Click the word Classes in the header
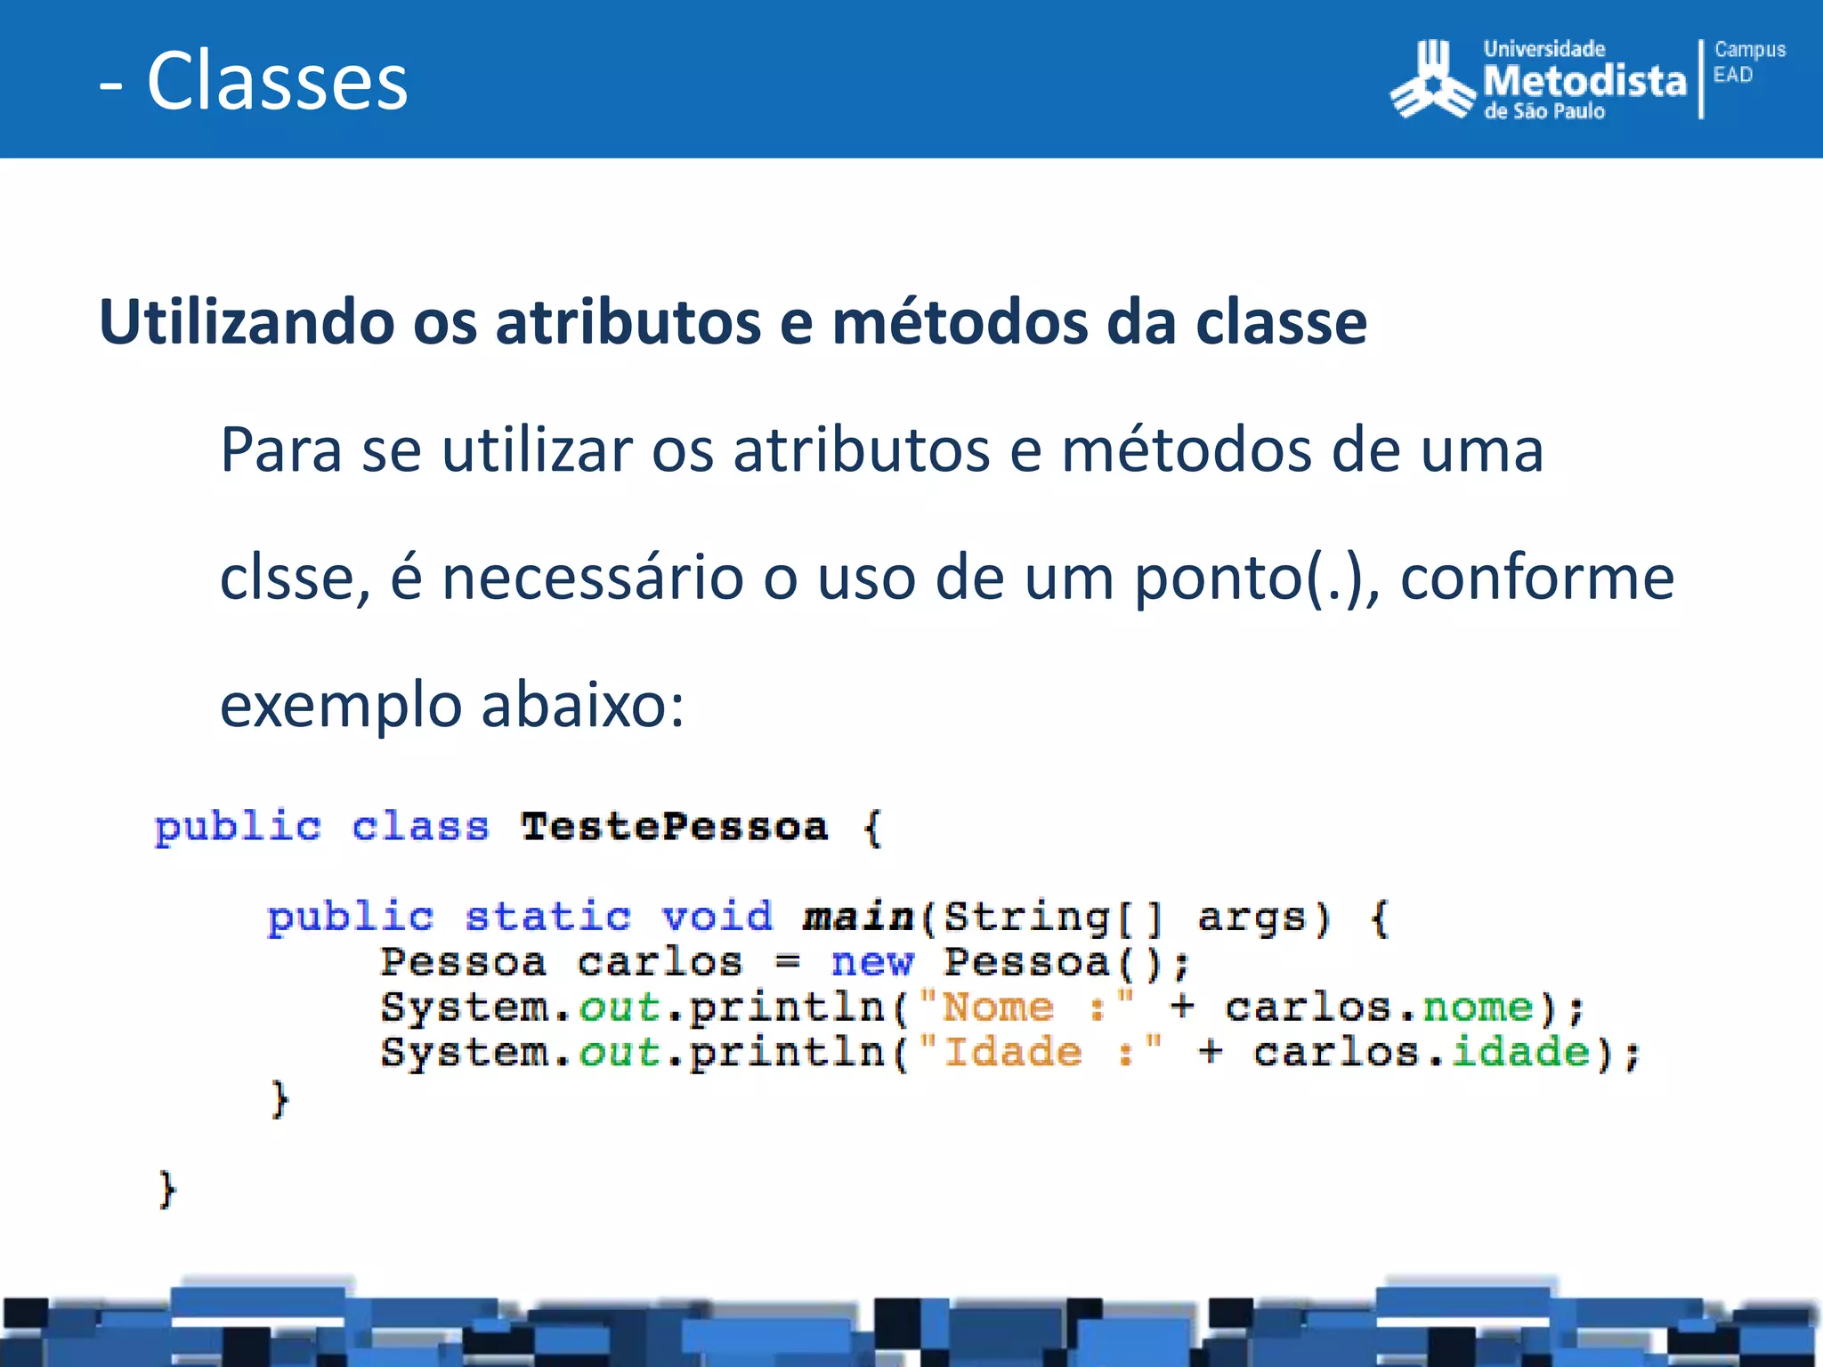point(277,81)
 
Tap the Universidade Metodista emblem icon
point(1432,79)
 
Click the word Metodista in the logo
point(1584,81)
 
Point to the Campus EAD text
point(1749,62)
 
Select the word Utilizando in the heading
point(247,321)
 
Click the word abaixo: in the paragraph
point(582,705)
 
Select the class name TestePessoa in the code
point(674,827)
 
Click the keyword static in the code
point(547,917)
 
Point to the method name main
point(858,917)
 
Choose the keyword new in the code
point(871,962)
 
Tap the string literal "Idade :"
point(1041,1053)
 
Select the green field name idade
point(1520,1053)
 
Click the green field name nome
point(1478,1007)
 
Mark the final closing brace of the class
point(167,1190)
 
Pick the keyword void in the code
point(717,917)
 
